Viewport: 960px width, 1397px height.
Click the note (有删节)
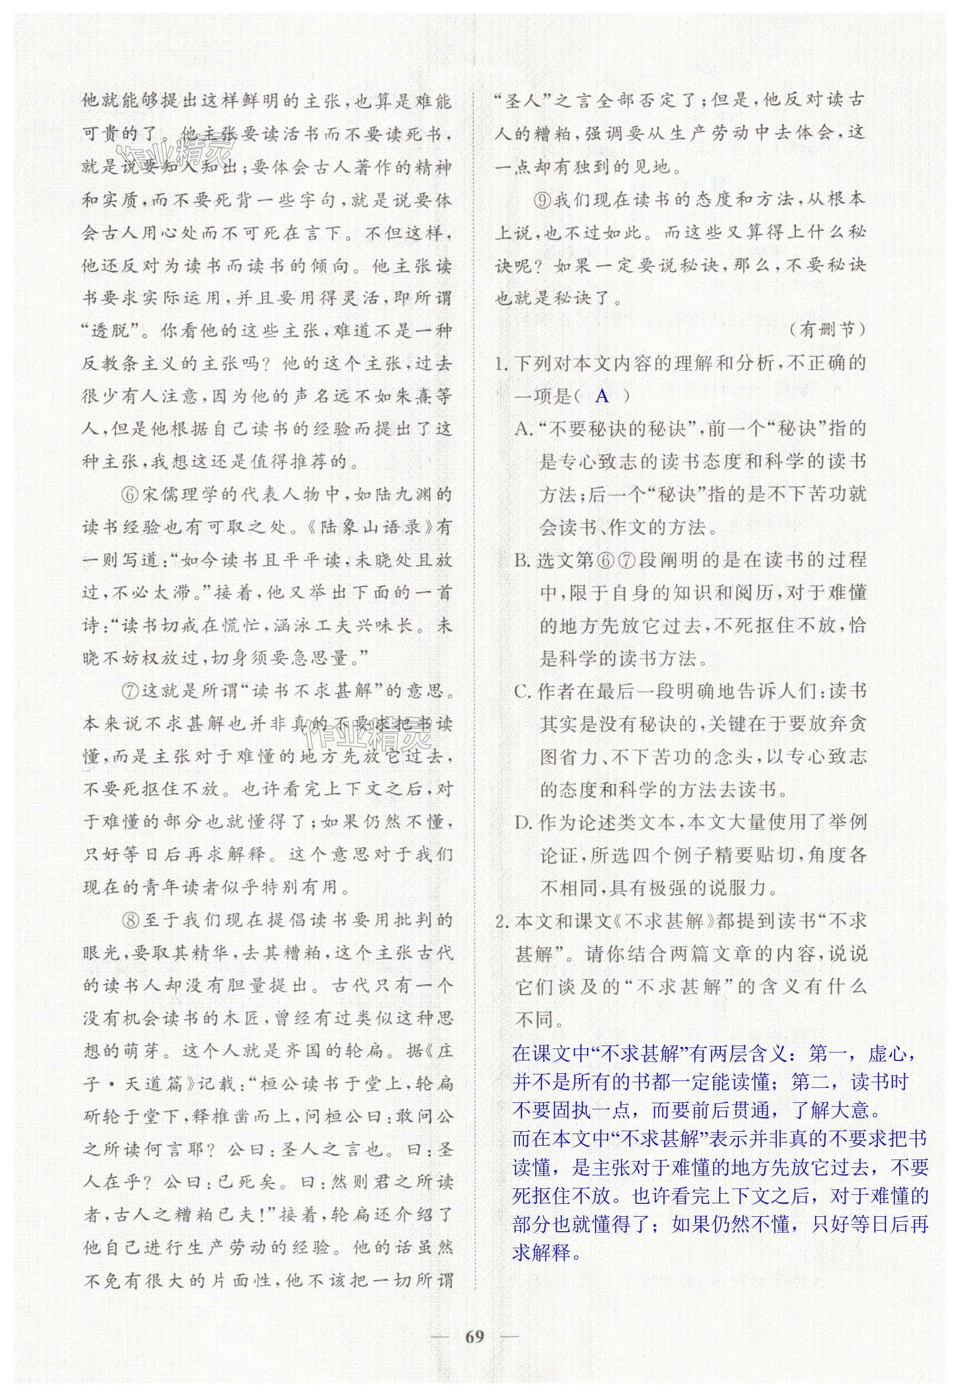[827, 330]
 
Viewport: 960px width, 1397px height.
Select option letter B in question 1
[522, 561]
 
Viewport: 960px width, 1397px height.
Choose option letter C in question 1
[522, 692]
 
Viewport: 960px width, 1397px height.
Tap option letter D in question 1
[523, 822]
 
